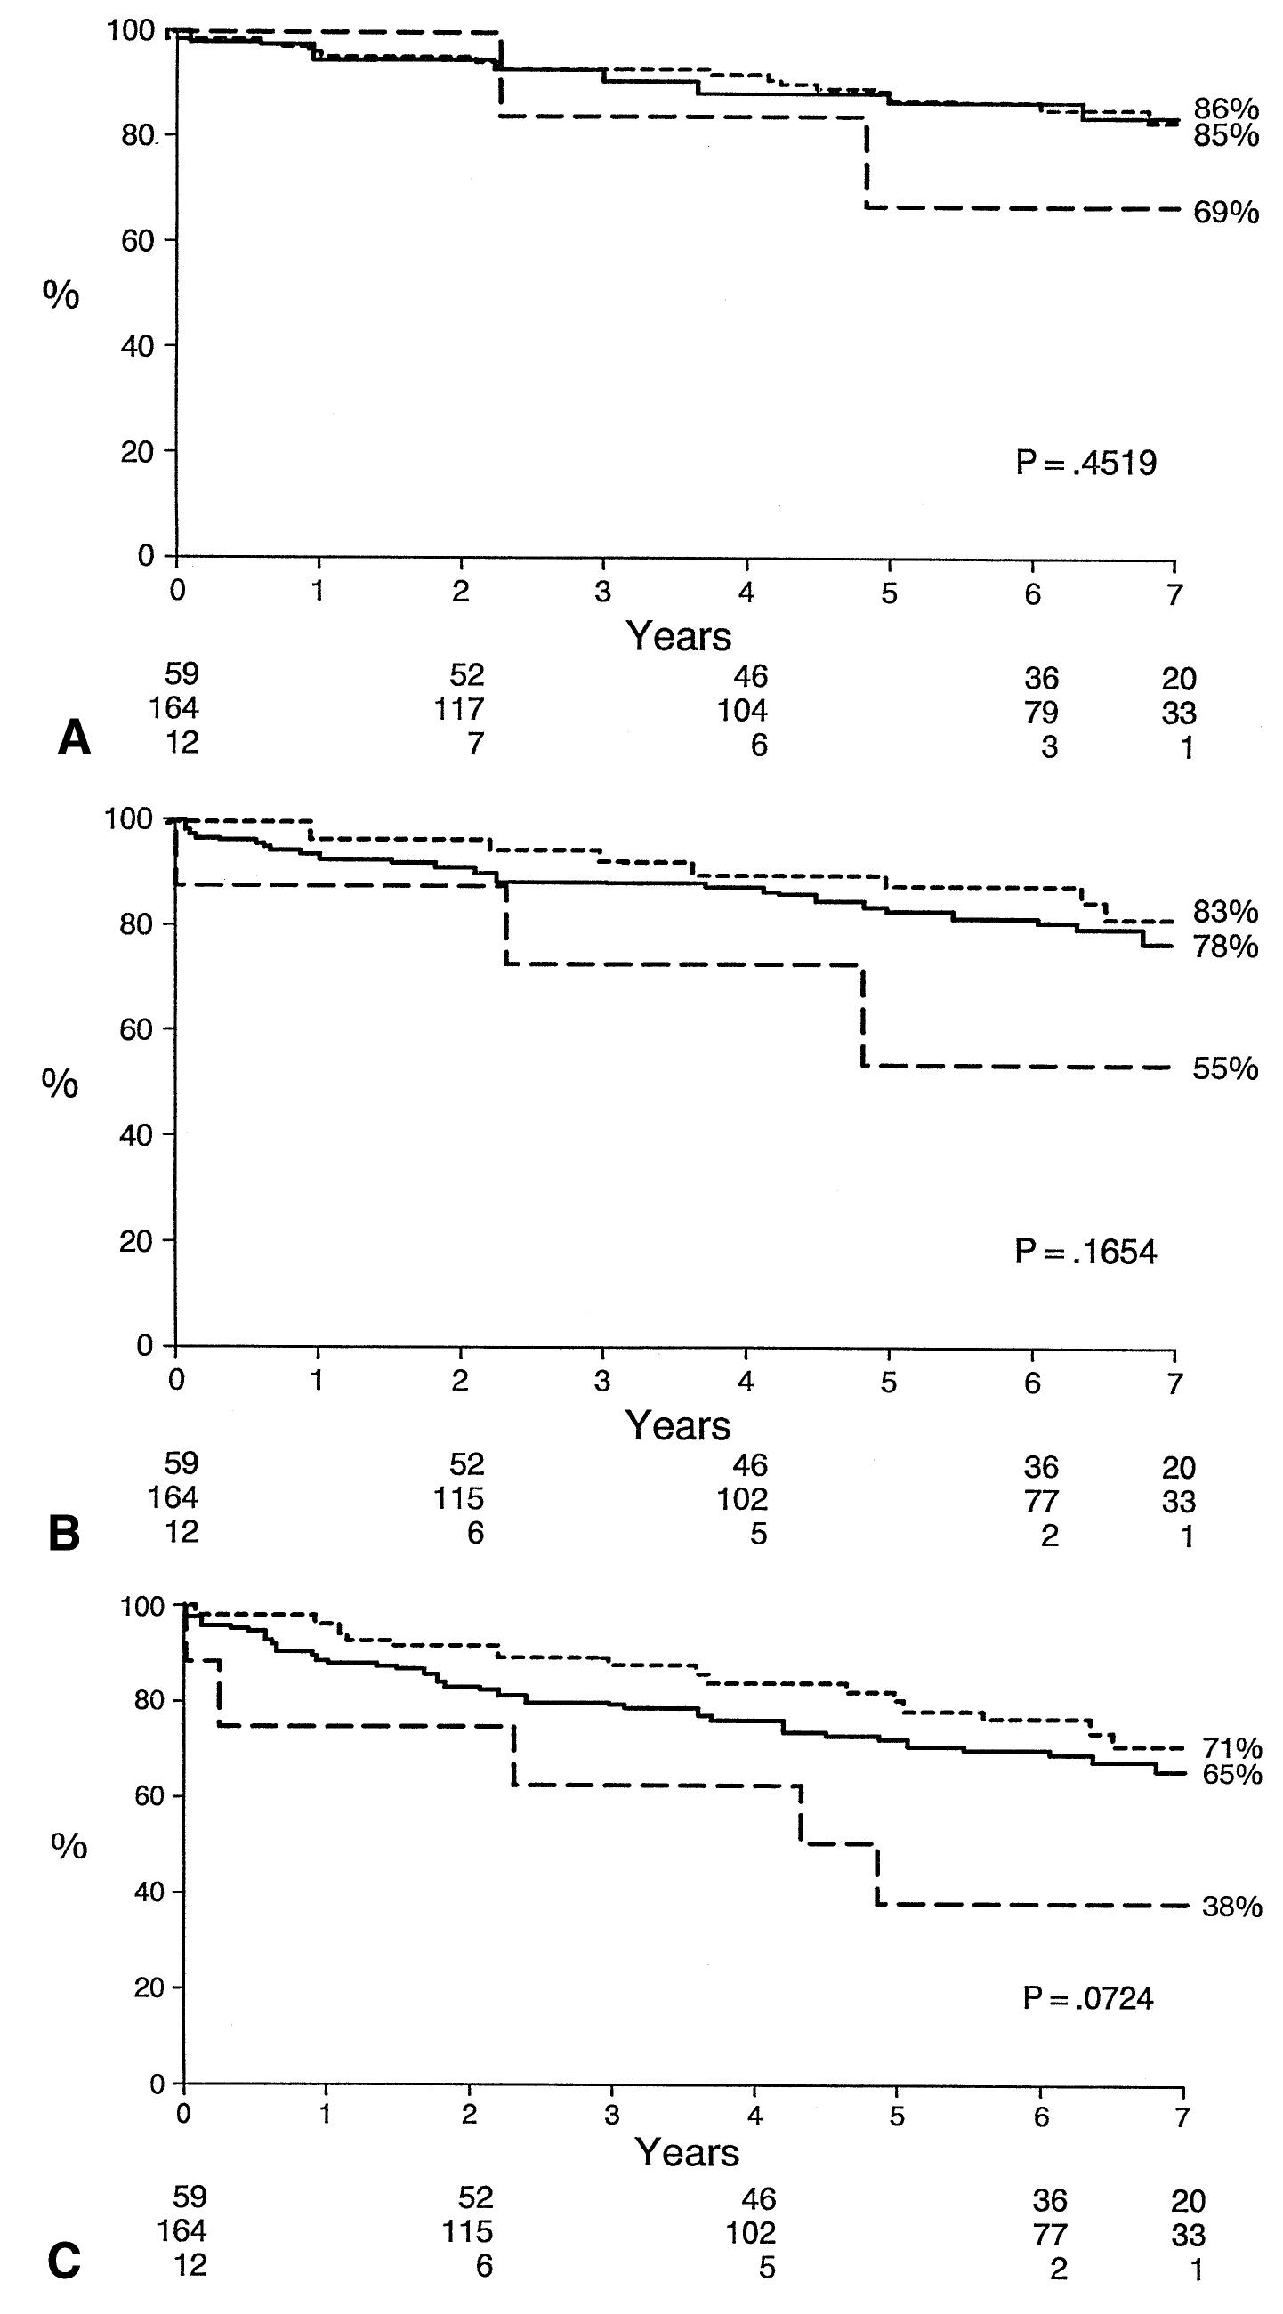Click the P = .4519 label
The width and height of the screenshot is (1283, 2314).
1085,464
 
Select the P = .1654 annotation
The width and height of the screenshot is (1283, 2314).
1085,1252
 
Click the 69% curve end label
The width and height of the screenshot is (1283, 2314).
1225,213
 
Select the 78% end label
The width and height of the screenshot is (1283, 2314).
1225,947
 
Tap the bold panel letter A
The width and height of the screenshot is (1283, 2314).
74,740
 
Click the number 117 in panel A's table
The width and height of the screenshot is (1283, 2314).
459,711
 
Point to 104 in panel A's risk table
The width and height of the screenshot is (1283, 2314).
743,711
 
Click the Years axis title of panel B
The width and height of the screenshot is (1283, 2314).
678,1425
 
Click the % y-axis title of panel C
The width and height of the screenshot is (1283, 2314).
69,1824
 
